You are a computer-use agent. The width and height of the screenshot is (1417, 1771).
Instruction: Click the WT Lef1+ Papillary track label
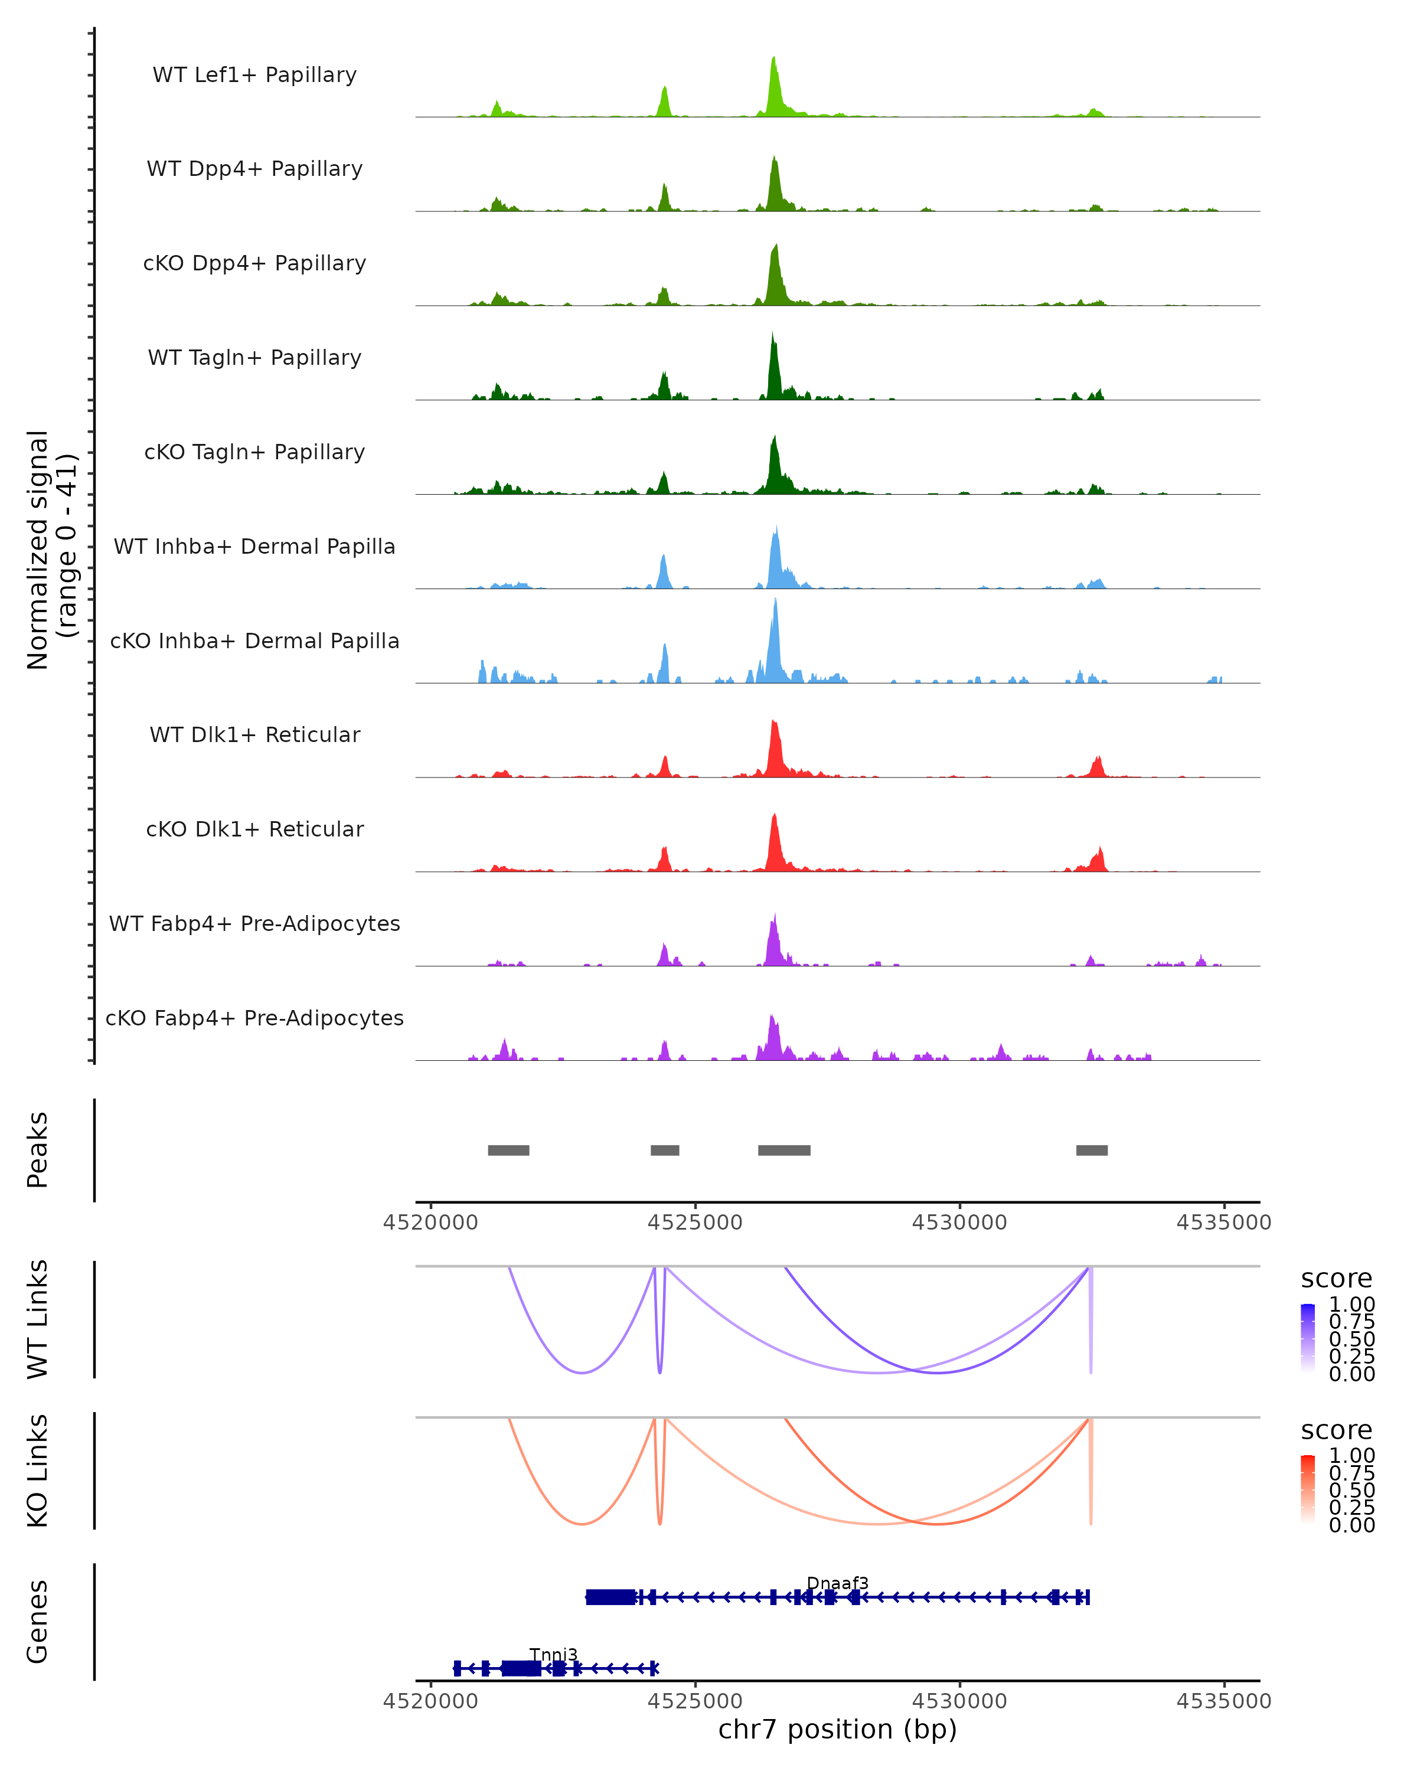click(254, 76)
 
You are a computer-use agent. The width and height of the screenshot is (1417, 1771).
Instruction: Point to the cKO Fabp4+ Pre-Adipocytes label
click(254, 1018)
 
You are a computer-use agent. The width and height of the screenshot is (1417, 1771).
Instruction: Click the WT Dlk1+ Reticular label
click(254, 735)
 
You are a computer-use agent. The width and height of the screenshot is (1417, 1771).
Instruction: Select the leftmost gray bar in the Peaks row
click(508, 1150)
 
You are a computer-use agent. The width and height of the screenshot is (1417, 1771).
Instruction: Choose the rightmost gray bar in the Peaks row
click(1092, 1150)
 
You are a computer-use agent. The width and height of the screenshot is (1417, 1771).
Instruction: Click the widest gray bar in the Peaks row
click(783, 1150)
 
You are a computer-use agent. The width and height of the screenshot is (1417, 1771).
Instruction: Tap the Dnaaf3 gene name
click(837, 1583)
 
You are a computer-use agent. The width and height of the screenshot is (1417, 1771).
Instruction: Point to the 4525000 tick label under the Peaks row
click(695, 1223)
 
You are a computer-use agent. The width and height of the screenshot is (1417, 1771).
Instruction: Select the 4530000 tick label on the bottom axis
click(959, 1701)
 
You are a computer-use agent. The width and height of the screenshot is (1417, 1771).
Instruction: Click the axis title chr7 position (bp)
click(837, 1730)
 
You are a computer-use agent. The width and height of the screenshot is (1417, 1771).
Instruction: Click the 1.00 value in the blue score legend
click(1351, 1305)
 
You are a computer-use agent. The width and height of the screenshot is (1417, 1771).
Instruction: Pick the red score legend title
click(1336, 1430)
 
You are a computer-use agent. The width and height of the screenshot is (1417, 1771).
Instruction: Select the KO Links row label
click(38, 1471)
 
